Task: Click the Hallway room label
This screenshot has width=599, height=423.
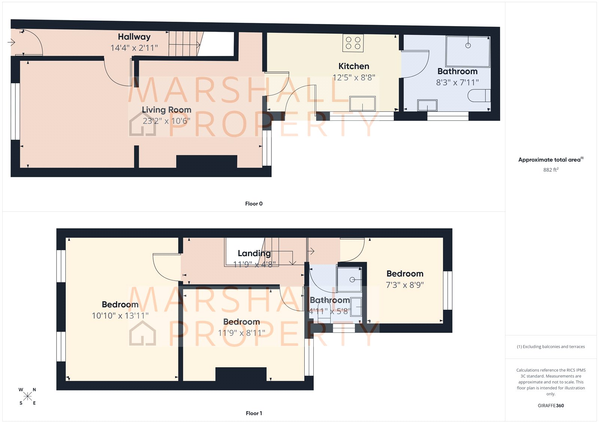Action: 134,37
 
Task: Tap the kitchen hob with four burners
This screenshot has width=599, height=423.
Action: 353,43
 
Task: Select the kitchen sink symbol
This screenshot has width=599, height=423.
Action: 362,104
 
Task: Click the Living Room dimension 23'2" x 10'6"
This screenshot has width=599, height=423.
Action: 166,121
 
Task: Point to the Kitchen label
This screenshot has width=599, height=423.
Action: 353,66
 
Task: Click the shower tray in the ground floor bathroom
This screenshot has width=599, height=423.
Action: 468,51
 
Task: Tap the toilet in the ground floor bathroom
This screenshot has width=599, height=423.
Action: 479,96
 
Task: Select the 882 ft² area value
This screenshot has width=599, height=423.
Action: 550,170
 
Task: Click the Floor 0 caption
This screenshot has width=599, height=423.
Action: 253,204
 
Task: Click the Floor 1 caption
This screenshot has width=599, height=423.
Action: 253,413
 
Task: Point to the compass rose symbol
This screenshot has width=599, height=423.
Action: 27,396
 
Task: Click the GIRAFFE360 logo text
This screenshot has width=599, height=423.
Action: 550,405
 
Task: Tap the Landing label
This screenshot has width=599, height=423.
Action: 254,253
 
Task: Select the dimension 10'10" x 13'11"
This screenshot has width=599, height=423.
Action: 120,316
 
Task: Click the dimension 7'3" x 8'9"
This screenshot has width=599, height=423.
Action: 405,285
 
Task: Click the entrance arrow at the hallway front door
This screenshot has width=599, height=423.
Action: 11,42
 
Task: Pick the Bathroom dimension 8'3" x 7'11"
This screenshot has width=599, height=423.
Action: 457,82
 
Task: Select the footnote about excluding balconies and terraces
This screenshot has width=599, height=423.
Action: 550,347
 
